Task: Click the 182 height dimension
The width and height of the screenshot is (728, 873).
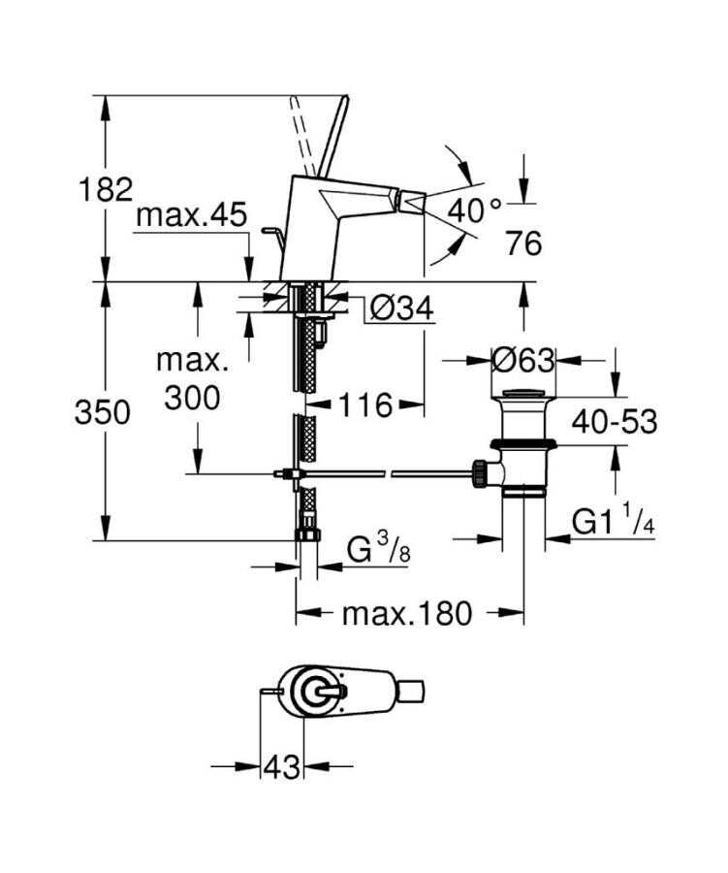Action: (106, 188)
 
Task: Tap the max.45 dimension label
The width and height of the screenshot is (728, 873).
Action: (191, 215)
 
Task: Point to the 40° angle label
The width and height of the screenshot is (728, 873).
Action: (476, 209)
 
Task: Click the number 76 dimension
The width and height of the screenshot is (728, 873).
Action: (523, 242)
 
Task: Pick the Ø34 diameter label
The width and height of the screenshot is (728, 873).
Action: (400, 308)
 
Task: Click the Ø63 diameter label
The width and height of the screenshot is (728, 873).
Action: (523, 361)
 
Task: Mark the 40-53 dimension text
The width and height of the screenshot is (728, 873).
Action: (613, 421)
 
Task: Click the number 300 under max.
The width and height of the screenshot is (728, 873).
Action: (193, 397)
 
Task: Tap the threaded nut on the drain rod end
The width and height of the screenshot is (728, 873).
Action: (479, 472)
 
